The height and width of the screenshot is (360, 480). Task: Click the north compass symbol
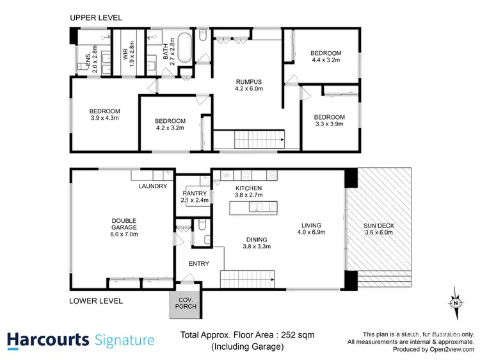point(455,304)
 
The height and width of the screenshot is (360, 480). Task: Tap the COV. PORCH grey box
point(186,303)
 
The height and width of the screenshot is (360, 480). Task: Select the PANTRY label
point(193,192)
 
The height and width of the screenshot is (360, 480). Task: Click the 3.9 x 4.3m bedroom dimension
point(104,118)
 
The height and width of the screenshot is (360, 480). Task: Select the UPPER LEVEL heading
point(95,18)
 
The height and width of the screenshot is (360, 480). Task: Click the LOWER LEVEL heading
point(96,300)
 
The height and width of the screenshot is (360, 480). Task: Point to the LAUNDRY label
point(153,186)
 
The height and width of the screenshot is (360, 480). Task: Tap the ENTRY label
point(199,264)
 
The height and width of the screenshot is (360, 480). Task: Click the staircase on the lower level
point(247,279)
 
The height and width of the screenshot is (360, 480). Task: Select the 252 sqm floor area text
point(301,335)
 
